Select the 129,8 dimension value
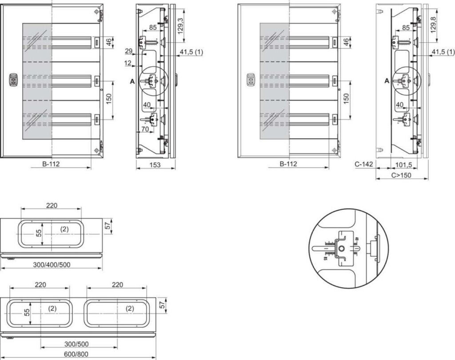click(x=434, y=21)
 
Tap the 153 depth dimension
click(x=155, y=165)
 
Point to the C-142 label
click(x=364, y=164)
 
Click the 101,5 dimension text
click(x=403, y=164)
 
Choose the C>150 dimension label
click(x=401, y=175)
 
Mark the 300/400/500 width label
click(x=51, y=264)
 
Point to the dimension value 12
click(x=128, y=64)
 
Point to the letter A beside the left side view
click(x=132, y=81)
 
